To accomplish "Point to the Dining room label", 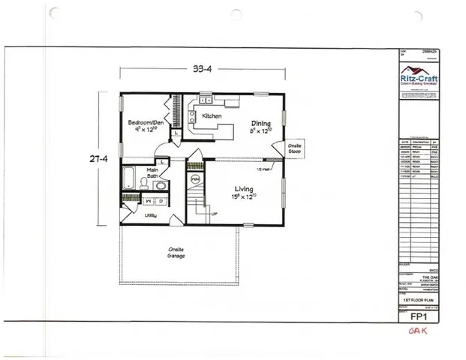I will [260, 124].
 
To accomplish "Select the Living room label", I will [242, 190].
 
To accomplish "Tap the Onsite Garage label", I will [177, 252].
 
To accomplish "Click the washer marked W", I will [150, 202].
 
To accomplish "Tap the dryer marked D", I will [162, 202].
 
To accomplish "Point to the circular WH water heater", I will [194, 180].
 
